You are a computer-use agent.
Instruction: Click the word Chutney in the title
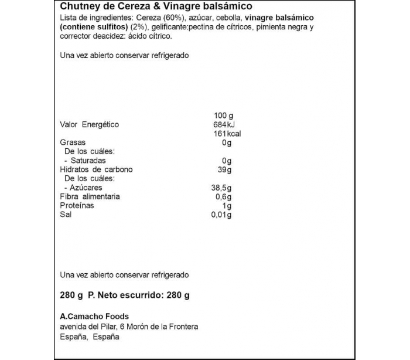pos(79,6)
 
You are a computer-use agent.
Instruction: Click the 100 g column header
pos(224,115)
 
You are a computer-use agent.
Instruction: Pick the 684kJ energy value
pos(224,124)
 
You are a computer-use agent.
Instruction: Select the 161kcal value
pos(225,134)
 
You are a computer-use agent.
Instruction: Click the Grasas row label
pos(73,142)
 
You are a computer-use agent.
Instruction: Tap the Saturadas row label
pos(87,161)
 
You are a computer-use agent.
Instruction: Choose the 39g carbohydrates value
pos(225,169)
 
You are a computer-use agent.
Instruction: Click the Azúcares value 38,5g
pos(221,188)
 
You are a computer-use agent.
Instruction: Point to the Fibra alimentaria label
pos(90,196)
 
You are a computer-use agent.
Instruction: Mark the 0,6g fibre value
pos(223,196)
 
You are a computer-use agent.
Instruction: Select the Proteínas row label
pos(77,206)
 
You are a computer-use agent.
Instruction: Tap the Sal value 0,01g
pos(221,215)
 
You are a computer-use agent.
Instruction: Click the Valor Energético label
pos(90,124)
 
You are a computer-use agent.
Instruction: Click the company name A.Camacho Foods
pos(94,317)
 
